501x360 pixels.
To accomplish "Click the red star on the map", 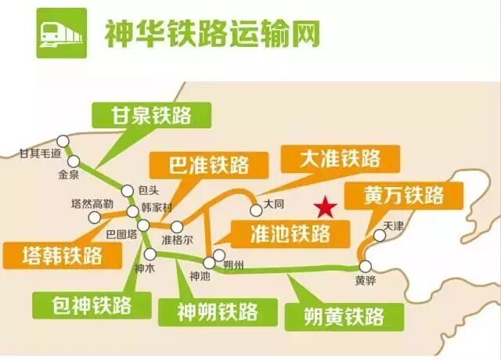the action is pyautogui.click(x=326, y=207).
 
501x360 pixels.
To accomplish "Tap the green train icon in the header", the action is pyautogui.click(x=62, y=33).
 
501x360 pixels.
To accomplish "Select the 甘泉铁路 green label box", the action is pyautogui.click(x=151, y=115).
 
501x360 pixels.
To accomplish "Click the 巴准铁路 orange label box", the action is pyautogui.click(x=209, y=165).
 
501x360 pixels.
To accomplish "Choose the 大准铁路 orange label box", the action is pyautogui.click(x=341, y=159).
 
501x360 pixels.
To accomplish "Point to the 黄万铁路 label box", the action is pyautogui.click(x=404, y=196).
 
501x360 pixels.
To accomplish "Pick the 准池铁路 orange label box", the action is pyautogui.click(x=290, y=234).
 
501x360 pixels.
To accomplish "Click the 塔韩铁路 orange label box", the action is pyautogui.click(x=63, y=256).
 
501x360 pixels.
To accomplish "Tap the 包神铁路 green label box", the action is pyautogui.click(x=92, y=305).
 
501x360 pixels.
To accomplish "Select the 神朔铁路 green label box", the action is pyautogui.click(x=218, y=312).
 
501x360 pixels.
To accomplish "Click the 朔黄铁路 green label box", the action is pyautogui.click(x=344, y=317).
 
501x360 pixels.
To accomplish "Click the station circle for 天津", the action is pyautogui.click(x=380, y=236).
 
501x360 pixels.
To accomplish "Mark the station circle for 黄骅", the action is pyautogui.click(x=366, y=266).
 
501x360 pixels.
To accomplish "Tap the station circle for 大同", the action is pyautogui.click(x=256, y=211).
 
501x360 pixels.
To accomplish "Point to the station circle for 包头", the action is pyautogui.click(x=127, y=191).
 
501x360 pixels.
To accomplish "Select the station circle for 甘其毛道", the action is pyautogui.click(x=63, y=141).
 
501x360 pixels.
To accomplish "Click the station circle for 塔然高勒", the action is pyautogui.click(x=94, y=218).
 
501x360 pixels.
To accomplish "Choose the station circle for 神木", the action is pyautogui.click(x=150, y=254).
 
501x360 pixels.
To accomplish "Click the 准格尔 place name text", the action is pyautogui.click(x=178, y=239).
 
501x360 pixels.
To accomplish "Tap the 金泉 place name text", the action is pyautogui.click(x=68, y=175).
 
